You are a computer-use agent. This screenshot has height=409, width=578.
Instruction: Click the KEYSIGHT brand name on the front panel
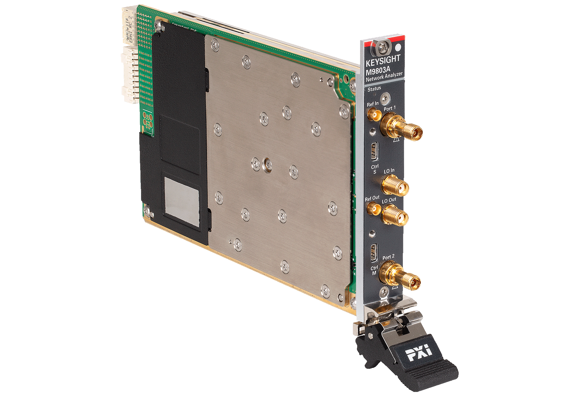pos(383,61)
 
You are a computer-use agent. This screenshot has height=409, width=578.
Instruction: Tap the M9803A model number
pos(378,70)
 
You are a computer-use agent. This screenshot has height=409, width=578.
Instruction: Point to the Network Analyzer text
pos(384,77)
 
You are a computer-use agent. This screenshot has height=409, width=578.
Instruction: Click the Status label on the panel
pos(374,89)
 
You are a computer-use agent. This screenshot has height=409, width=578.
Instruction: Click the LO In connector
pos(395,185)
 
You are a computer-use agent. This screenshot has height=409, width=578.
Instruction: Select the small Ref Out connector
pos(373,209)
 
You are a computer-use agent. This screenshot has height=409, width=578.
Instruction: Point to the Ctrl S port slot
pos(374,151)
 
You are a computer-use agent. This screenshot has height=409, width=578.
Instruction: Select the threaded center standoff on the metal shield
pos(266,165)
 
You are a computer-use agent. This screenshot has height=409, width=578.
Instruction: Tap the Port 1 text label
pos(390,108)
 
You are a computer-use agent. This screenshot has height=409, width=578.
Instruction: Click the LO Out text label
pos(389,200)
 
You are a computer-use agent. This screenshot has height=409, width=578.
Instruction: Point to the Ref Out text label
pos(372,198)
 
